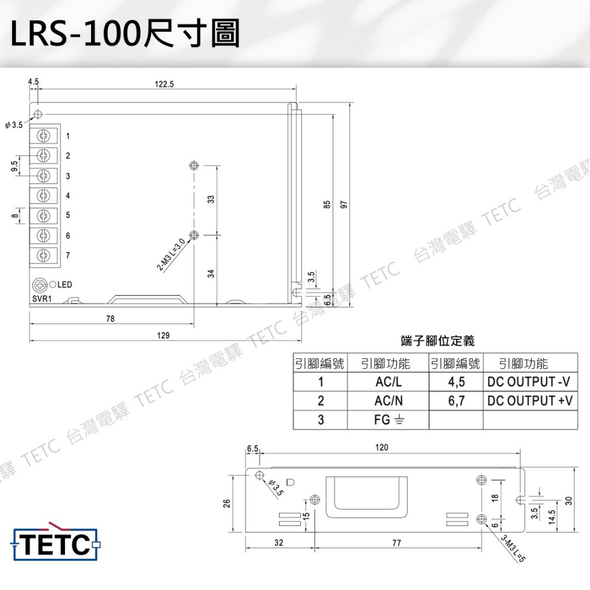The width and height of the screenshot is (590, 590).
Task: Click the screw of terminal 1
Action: click(x=43, y=135)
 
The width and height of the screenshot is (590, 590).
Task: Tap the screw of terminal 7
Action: click(x=43, y=255)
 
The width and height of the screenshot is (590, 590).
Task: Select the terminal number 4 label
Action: click(x=68, y=196)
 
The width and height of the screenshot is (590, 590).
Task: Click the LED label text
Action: click(x=65, y=285)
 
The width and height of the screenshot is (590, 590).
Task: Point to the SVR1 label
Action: click(x=41, y=299)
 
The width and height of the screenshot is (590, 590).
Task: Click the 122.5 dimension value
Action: click(x=164, y=84)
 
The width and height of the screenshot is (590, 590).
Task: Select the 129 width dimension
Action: click(x=163, y=335)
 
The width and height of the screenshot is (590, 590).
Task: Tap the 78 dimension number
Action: click(x=110, y=319)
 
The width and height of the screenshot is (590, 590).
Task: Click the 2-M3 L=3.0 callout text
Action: click(x=171, y=255)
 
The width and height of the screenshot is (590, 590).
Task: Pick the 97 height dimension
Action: click(x=343, y=205)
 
